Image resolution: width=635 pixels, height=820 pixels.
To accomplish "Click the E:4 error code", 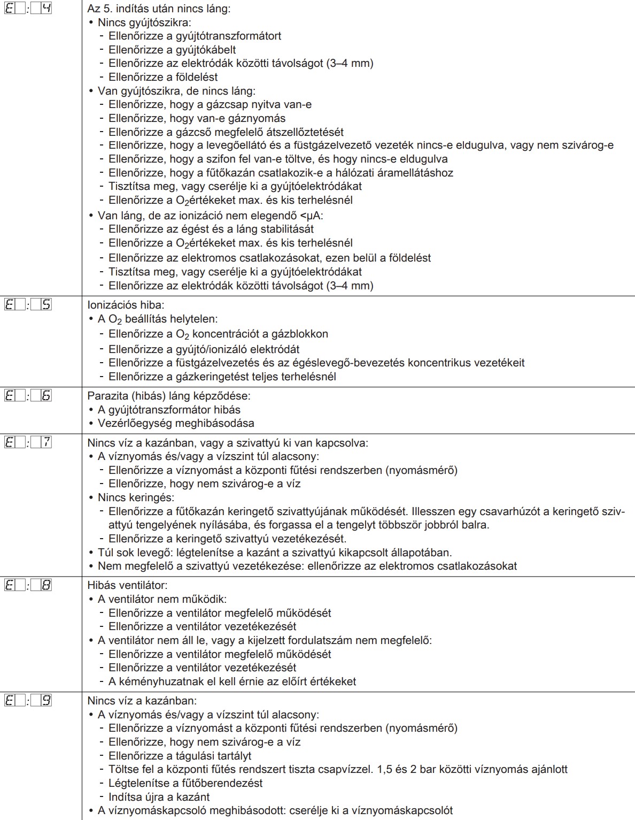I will click(28, 9).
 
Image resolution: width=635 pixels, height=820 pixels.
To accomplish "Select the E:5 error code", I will click(28, 304).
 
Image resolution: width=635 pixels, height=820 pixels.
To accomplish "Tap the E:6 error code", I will click(28, 396).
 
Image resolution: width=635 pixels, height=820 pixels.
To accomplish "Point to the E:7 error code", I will click(28, 442).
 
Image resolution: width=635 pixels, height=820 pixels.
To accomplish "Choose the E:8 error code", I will click(28, 585).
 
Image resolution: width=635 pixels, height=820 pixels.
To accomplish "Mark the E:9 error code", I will click(28, 700).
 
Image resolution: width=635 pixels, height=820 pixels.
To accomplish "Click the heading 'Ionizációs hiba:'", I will click(126, 305).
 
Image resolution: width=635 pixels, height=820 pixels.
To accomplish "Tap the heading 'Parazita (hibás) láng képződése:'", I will click(168, 396).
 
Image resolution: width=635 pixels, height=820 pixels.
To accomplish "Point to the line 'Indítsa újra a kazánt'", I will click(159, 797).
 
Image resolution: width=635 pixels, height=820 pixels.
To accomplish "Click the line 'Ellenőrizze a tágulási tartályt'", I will click(180, 756).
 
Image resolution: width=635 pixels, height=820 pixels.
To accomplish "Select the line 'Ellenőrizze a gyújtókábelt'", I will click(172, 50).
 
